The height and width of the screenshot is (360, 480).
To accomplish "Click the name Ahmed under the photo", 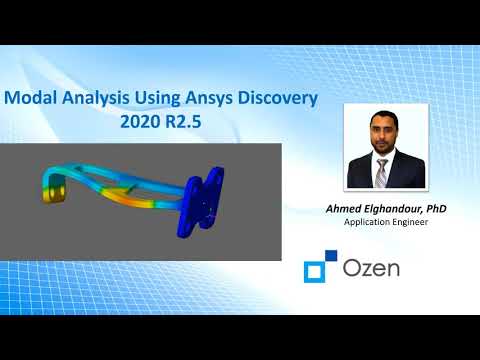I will tap(335, 208).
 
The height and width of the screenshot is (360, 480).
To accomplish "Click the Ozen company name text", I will tap(372, 270).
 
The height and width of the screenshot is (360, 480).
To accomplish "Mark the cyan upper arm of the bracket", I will tap(110, 165).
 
